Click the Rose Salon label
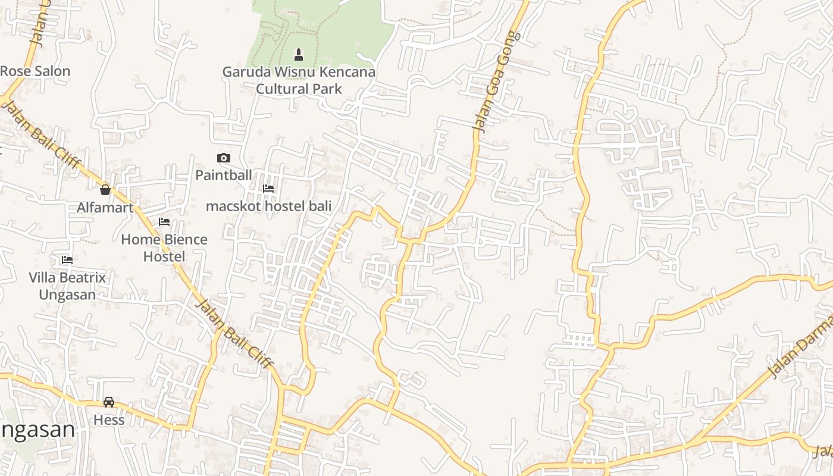pos(35,71)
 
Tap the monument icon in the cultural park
pos(299,55)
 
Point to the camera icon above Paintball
pos(224,158)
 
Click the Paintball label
pos(224,176)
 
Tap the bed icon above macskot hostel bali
pos(268,189)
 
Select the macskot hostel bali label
pos(268,206)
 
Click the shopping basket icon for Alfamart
pos(105,190)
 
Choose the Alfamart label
pos(105,208)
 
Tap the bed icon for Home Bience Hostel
pos(164,223)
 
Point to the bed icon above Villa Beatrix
pos(67,260)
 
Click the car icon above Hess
pos(109,402)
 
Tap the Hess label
pos(109,420)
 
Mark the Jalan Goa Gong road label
pos(496,82)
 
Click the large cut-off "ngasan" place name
pos(37,430)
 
